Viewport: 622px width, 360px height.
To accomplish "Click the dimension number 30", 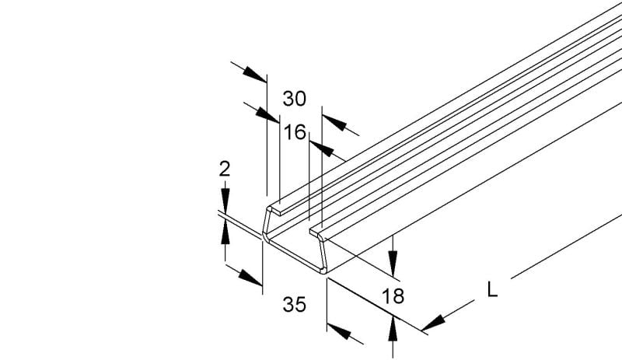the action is pos(295,99).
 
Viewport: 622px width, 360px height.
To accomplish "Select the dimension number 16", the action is pos(295,132).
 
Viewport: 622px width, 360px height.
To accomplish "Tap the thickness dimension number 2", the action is pos(225,169).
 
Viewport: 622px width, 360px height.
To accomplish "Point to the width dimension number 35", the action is pos(295,305).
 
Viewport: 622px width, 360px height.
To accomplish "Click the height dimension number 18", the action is pos(393,296).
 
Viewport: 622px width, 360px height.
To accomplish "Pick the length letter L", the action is pos(492,290).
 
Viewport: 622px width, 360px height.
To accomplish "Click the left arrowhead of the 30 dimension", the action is pos(254,75).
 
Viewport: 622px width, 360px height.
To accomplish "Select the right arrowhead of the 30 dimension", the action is pos(334,122).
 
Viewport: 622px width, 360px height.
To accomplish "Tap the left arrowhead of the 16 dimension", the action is pos(267,115).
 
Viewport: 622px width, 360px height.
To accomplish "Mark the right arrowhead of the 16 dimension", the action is pos(321,149).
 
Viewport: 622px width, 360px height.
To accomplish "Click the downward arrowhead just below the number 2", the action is pos(225,201).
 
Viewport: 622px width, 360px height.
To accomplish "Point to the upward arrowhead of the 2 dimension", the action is pos(225,232).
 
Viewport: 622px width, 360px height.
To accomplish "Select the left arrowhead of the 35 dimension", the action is pos(250,278).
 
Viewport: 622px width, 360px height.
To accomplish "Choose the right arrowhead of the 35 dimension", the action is pos(339,331).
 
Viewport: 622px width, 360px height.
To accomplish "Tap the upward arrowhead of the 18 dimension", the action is pos(393,329).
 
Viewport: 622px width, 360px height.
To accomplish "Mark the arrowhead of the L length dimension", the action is pos(433,323).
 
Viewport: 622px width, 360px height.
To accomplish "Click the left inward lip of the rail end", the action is pos(275,210).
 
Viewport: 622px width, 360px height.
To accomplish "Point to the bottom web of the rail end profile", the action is pos(295,256).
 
